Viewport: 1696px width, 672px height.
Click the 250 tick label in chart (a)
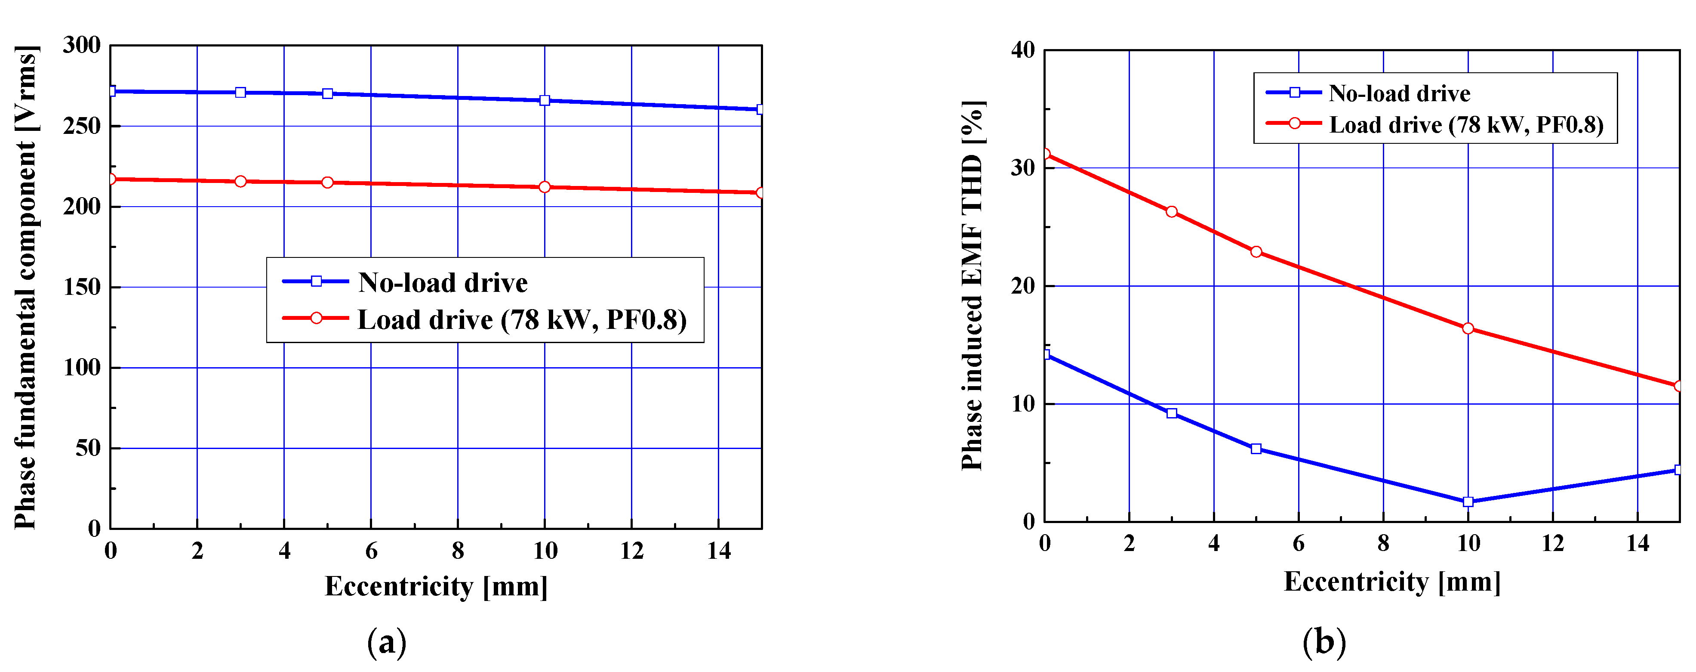click(82, 126)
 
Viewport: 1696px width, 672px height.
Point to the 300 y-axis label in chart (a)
click(82, 46)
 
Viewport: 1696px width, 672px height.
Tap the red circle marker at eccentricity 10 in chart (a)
click(545, 187)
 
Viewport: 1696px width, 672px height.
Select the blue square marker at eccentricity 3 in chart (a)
click(240, 92)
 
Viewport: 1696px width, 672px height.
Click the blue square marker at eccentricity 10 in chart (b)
click(1468, 502)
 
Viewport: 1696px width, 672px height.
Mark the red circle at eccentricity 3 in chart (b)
click(1171, 211)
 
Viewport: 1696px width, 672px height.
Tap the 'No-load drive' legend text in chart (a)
click(443, 283)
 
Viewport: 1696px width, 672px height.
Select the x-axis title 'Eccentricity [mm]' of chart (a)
click(436, 586)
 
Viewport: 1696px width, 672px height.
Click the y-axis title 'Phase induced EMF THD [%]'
click(973, 285)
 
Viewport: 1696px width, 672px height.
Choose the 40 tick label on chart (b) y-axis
click(1022, 50)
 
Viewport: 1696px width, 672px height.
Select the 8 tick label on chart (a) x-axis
click(458, 551)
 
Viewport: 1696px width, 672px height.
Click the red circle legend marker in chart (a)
click(316, 318)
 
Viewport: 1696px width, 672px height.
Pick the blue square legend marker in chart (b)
click(1294, 92)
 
